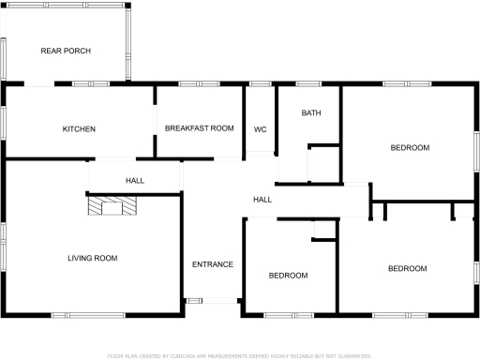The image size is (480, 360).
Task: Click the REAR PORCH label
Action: pos(66,51)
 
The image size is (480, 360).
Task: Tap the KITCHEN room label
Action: pos(79,128)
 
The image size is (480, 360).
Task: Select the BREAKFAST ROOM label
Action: pos(199,127)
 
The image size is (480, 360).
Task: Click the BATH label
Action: pos(311,113)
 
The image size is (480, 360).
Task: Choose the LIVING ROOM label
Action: pos(92,258)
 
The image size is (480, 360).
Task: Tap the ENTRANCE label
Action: pos(213,264)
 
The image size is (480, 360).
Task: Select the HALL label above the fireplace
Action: pos(135,180)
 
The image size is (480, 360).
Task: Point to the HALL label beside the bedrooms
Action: pos(262,200)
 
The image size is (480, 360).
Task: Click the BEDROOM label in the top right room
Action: pos(410,147)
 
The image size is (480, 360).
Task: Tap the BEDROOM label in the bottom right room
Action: pos(407,269)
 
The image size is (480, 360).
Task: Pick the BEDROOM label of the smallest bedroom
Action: pos(288,275)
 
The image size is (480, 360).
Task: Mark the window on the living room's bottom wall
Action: pos(77,314)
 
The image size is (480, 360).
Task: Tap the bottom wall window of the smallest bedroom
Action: pos(278,314)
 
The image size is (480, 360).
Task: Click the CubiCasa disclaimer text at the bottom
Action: pos(240,356)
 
